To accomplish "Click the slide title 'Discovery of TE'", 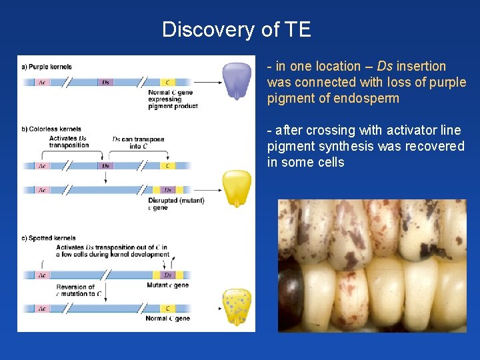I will click(236, 29).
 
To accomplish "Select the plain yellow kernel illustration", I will click(236, 187).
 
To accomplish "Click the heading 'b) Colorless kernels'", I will click(53, 129).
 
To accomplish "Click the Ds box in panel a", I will click(105, 83).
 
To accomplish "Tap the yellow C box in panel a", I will click(167, 83).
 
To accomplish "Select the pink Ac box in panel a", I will click(41, 83).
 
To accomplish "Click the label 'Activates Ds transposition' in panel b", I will click(69, 142).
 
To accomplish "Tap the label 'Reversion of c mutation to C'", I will click(75, 291).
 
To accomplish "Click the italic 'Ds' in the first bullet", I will click(385, 66).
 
